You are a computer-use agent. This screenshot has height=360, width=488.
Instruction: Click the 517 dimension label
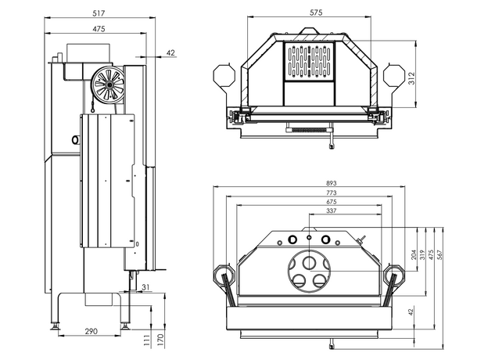[x=98, y=13]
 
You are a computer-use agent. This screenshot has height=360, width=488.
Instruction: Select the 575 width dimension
[x=315, y=13]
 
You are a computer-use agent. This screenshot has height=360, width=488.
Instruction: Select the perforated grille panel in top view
[x=311, y=62]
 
